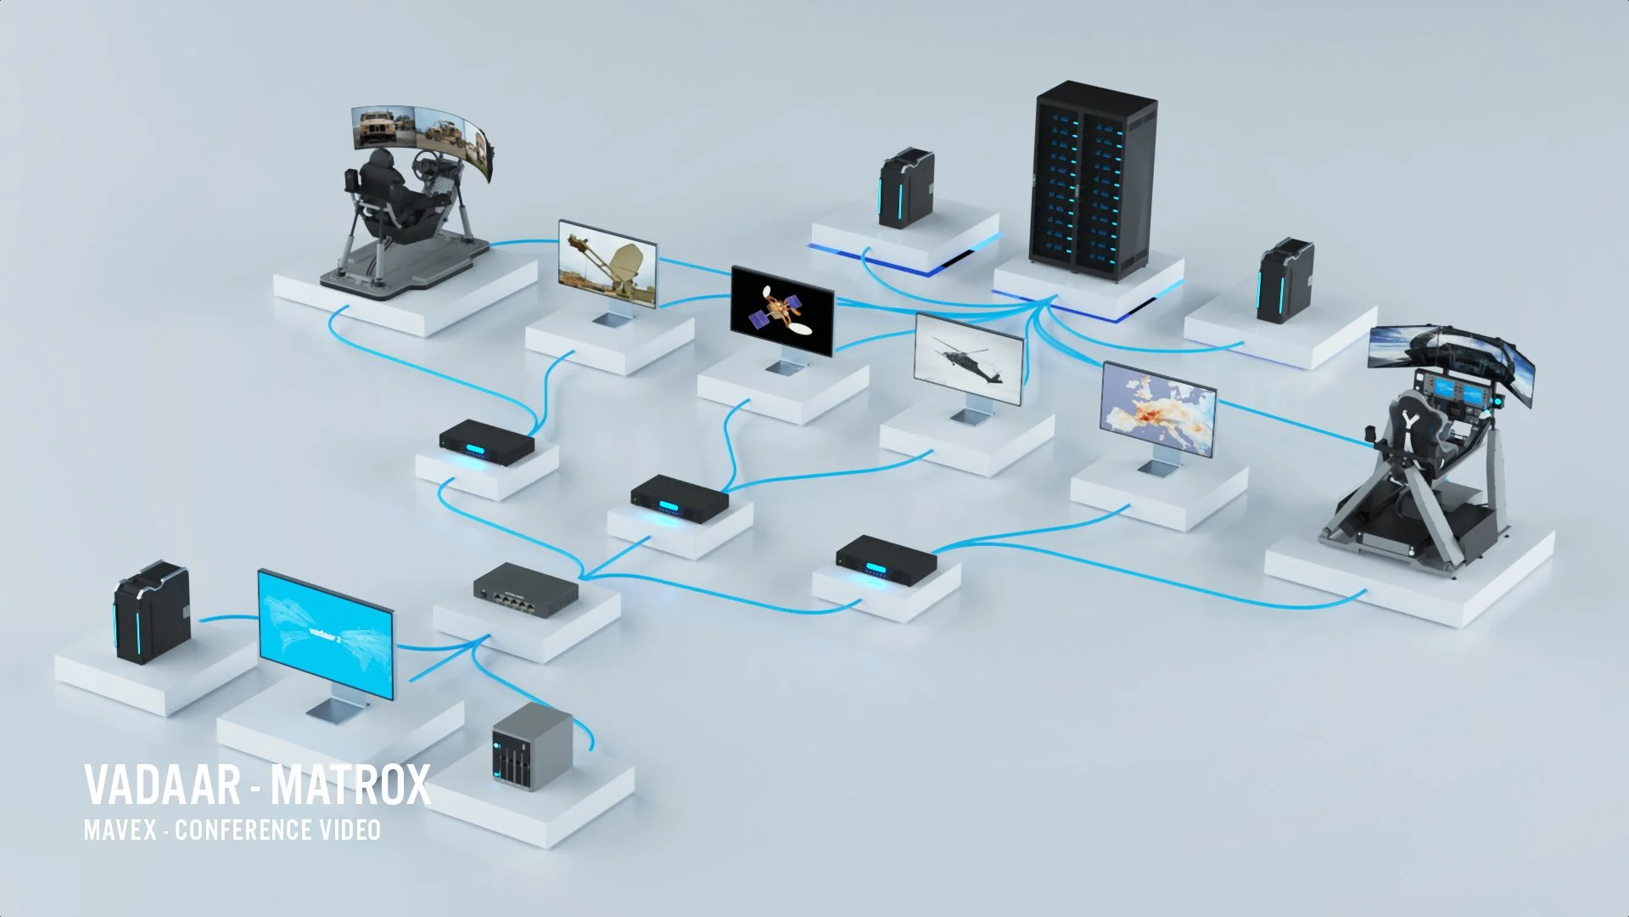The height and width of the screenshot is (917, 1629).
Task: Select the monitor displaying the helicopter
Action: coord(969,359)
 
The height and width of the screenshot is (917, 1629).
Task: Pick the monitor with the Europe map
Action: coord(1159,410)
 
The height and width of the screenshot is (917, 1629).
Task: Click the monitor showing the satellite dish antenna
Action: coord(608,263)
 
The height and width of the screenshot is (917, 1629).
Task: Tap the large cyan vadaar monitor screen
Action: coord(326,633)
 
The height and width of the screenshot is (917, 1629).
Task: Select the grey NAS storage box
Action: coord(532,746)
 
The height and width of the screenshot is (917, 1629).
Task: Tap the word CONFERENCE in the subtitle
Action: coord(243,830)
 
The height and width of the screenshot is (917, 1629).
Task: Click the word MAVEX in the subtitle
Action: coord(120,830)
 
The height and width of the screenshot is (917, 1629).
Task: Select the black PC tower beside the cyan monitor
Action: coord(152,613)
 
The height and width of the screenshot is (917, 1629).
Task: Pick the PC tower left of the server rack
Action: coord(905,189)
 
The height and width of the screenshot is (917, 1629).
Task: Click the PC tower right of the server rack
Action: coord(1285,280)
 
